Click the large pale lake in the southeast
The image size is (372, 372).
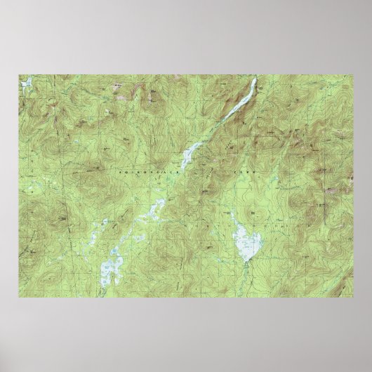point(247,245)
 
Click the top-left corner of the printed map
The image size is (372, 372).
point(20,74)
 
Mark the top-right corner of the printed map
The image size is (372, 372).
point(352,74)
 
